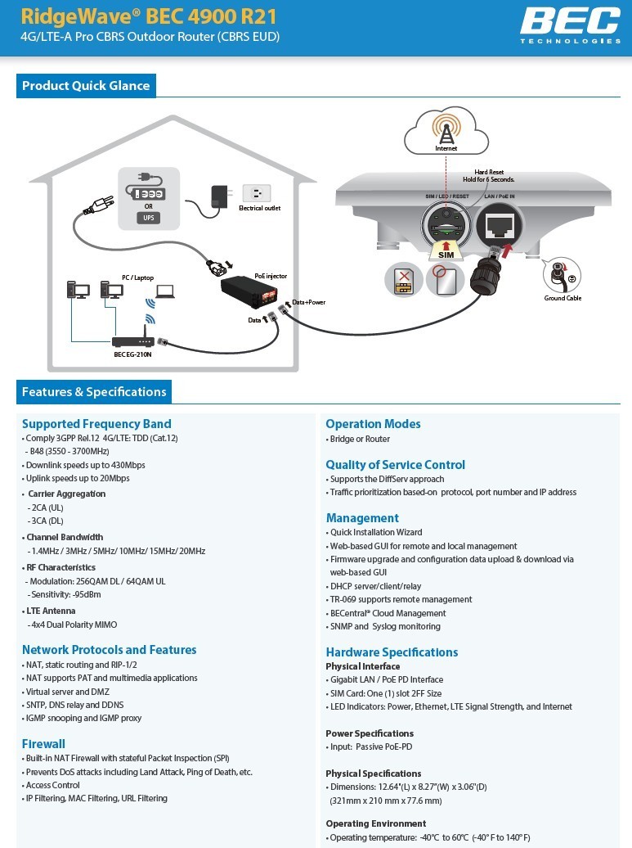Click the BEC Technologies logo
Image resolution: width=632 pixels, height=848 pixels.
pos(570,25)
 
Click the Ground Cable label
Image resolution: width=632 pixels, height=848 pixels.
pos(563,298)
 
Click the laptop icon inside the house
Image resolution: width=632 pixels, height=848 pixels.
pos(165,291)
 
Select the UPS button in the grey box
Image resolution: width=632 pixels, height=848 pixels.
pos(149,218)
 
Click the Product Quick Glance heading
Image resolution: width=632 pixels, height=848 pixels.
pos(86,86)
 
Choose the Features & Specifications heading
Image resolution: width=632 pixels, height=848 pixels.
pos(94,392)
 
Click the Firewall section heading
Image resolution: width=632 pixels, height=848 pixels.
pos(43,744)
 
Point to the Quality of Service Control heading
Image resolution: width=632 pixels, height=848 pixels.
pos(395,465)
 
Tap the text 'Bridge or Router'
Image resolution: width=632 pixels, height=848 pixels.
pos(360,439)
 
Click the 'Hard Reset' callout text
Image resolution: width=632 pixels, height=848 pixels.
pos(489,172)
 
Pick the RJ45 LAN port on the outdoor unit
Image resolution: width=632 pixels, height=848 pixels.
pos(499,222)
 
